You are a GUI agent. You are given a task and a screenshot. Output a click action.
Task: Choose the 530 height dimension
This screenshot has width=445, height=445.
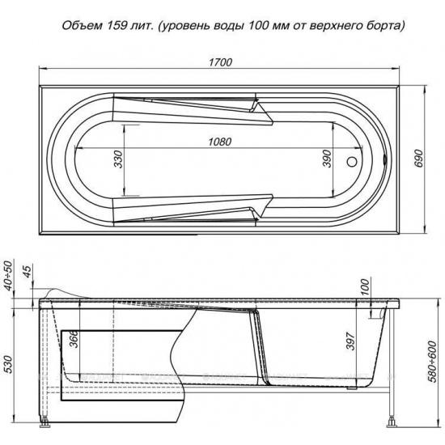click(x=8, y=355)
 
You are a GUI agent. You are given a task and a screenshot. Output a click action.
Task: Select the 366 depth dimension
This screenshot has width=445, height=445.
click(x=74, y=340)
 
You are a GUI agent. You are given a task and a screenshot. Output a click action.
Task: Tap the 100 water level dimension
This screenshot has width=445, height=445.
click(x=364, y=286)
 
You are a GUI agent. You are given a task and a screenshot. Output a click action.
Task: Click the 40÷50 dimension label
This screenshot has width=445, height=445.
click(x=8, y=275)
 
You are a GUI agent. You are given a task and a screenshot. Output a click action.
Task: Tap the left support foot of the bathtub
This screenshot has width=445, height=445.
click(x=44, y=422)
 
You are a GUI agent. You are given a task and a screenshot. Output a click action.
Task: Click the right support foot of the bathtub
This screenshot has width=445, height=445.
click(x=392, y=422)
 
